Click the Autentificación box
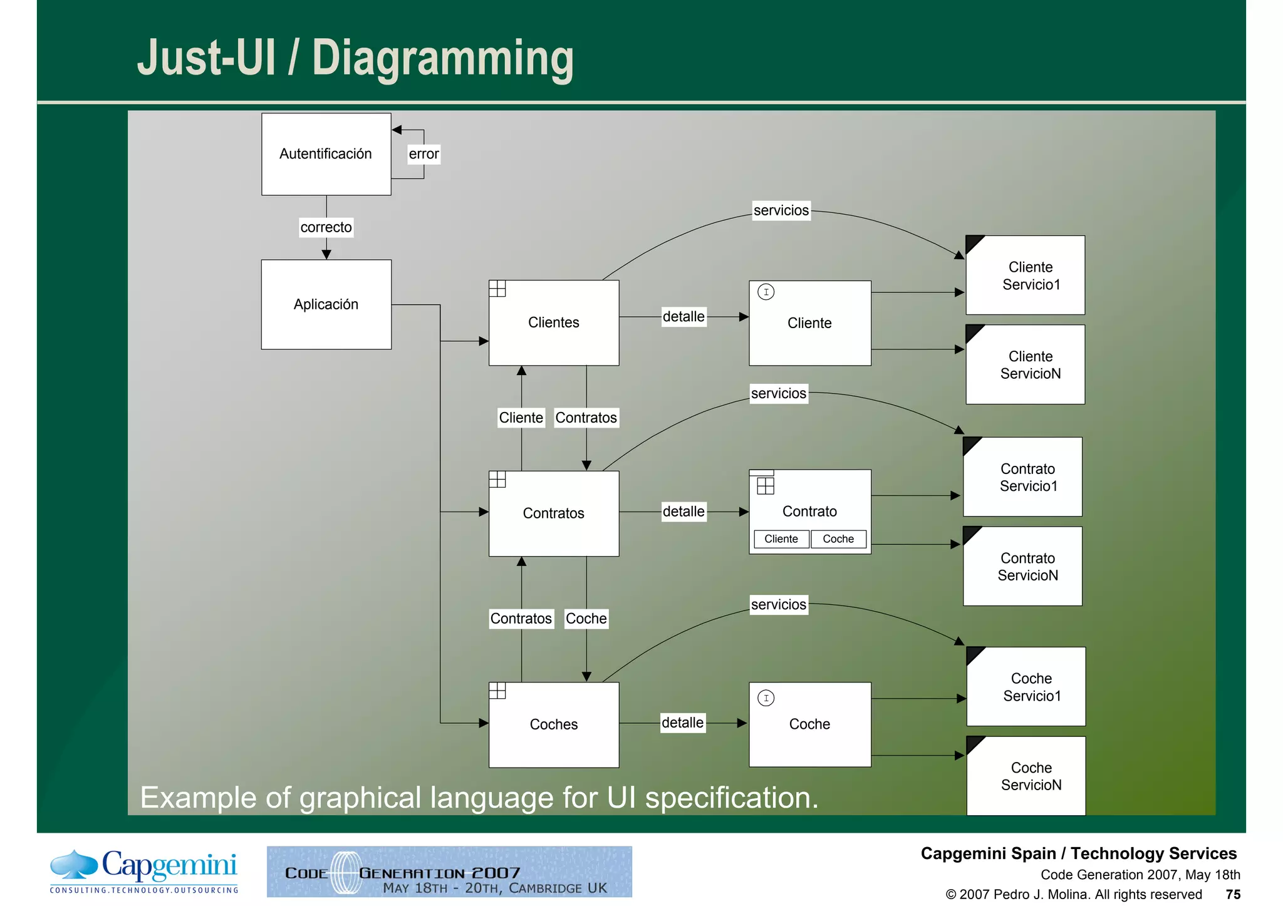coord(326,154)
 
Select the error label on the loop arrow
coord(423,154)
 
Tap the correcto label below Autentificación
coord(326,227)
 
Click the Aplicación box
coord(326,304)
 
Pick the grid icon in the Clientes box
coord(497,289)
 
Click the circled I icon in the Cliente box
coord(766,292)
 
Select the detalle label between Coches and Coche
coord(682,723)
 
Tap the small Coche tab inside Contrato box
coord(838,539)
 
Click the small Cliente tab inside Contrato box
coord(781,539)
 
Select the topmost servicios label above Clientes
coord(781,210)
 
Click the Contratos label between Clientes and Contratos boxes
coord(586,418)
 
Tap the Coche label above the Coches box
coord(586,619)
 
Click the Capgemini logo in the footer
coord(144,871)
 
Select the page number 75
coord(1233,894)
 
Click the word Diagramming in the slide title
coord(442,58)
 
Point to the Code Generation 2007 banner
coord(449,872)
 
